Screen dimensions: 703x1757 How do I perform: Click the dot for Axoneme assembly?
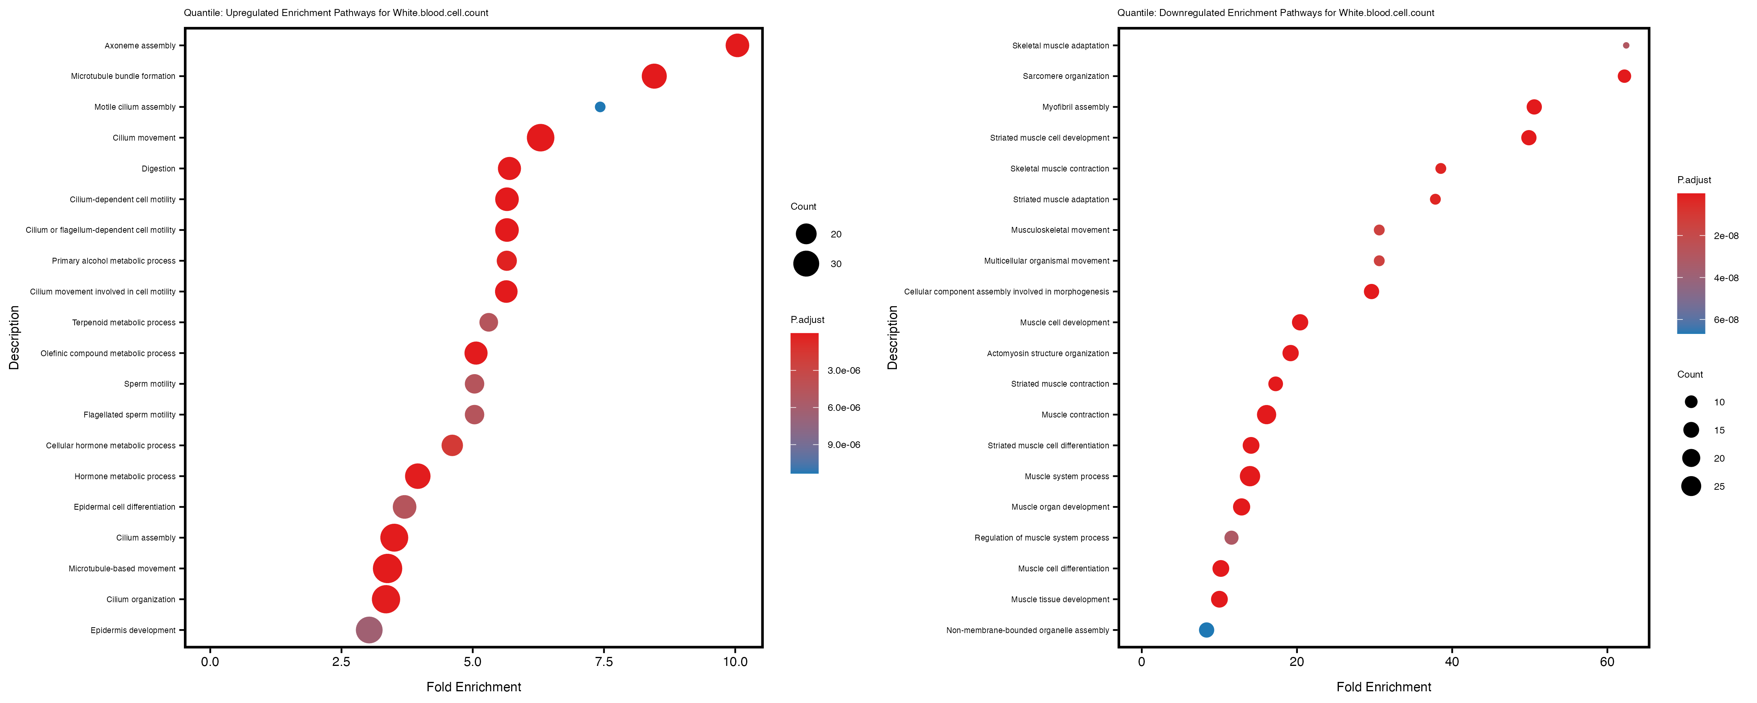[x=737, y=46]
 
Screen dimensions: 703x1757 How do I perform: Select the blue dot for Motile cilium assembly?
[x=600, y=107]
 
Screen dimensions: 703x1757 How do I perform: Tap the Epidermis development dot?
[x=369, y=630]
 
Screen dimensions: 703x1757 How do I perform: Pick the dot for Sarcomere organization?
[x=1624, y=77]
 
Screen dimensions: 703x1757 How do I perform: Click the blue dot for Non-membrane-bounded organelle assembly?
[x=1206, y=630]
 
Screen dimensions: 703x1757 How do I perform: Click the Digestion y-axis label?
[x=158, y=169]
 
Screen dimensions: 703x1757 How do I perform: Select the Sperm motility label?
[x=150, y=384]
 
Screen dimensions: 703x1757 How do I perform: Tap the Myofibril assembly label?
[x=1076, y=107]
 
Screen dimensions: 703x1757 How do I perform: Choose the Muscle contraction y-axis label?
[x=1075, y=415]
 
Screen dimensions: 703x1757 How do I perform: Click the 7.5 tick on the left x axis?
[x=604, y=661]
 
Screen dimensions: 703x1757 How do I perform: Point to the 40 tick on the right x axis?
[x=1452, y=661]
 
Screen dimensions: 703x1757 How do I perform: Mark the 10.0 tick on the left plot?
[x=734, y=661]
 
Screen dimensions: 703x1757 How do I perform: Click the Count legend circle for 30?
[x=805, y=264]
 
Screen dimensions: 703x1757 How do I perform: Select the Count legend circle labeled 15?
[x=1691, y=430]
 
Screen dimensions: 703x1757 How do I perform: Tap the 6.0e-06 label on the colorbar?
[x=844, y=407]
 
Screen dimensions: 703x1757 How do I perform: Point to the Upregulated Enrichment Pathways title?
[x=335, y=13]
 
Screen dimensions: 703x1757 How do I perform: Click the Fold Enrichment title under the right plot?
[x=1383, y=687]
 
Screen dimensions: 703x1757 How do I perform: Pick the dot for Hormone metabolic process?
[x=417, y=476]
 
